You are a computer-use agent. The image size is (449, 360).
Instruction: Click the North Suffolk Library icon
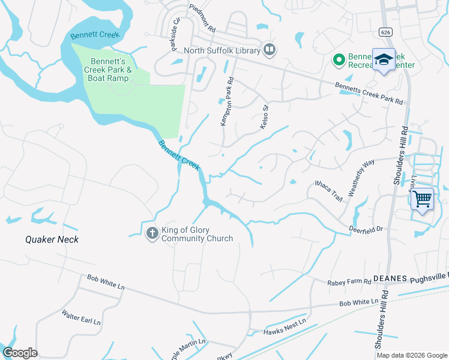point(270,50)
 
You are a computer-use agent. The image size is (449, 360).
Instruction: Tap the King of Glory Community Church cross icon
point(152,233)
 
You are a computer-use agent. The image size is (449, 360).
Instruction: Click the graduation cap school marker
point(384,59)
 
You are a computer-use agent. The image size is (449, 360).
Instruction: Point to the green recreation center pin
point(339,59)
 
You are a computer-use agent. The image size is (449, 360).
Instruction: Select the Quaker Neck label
point(52,239)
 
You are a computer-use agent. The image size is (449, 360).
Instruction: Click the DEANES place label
point(390,279)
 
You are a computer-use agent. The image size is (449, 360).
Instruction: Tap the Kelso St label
point(262,111)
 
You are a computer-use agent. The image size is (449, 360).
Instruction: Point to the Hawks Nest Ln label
point(285,326)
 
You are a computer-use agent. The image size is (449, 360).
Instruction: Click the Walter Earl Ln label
point(81,317)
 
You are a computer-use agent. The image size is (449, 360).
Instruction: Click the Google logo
point(20,353)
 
